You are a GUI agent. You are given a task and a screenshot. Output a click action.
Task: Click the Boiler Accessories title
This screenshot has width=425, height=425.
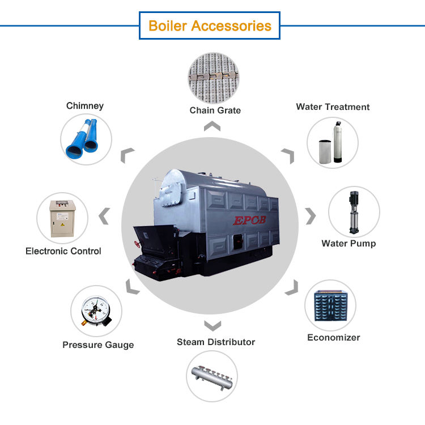click(210, 25)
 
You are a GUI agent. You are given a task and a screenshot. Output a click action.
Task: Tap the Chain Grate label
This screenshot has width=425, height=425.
click(215, 110)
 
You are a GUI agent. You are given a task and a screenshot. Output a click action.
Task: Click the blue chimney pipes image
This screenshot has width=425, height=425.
click(86, 139)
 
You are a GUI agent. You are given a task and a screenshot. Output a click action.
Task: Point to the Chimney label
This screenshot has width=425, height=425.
click(85, 106)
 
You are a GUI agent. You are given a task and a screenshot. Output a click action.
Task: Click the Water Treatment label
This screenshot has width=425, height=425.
click(333, 107)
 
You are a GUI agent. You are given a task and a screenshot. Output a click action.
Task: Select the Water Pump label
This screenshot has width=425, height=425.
click(348, 244)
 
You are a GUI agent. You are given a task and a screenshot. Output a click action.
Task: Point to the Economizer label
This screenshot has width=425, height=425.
click(333, 338)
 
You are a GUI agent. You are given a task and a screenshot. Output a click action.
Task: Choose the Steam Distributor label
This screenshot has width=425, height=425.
click(216, 342)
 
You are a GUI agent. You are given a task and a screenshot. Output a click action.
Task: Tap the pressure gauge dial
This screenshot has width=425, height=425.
click(94, 311)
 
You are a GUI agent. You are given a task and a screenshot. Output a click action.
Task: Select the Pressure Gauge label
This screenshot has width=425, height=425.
click(98, 345)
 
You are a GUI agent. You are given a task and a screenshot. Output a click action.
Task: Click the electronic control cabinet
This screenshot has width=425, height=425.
click(62, 218)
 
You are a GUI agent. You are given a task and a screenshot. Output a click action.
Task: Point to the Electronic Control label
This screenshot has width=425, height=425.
click(63, 250)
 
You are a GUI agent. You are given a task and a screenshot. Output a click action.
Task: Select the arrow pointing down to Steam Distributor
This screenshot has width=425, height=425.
click(212, 325)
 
